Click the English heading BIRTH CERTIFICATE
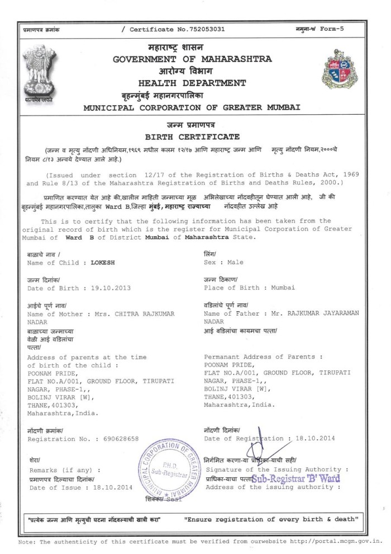192,136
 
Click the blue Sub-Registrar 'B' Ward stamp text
295,479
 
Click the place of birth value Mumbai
283,288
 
